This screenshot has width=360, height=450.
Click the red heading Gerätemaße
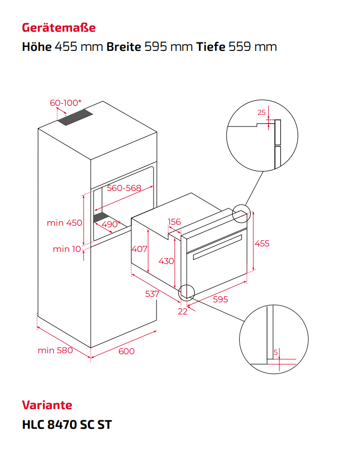59,28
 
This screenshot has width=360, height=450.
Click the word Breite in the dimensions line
124,47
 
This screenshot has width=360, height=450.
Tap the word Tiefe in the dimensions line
211,47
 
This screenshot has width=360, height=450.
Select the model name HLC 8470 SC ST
67,424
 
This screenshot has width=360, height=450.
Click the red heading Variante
47,405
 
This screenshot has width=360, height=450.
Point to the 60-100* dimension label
65,103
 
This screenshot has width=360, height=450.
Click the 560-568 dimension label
124,188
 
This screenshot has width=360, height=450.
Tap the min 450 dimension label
64,223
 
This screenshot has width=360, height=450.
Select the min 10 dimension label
67,249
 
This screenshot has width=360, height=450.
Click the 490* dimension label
111,224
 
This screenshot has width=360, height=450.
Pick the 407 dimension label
139,249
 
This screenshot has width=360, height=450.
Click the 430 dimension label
166,261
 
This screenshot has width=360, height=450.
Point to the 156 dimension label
174,222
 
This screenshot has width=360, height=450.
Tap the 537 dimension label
152,294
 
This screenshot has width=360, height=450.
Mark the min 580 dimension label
55,350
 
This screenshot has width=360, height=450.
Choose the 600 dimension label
126,351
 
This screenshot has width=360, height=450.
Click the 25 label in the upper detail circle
262,112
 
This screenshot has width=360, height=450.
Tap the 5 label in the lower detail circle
276,352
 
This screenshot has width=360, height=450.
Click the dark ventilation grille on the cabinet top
75,117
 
